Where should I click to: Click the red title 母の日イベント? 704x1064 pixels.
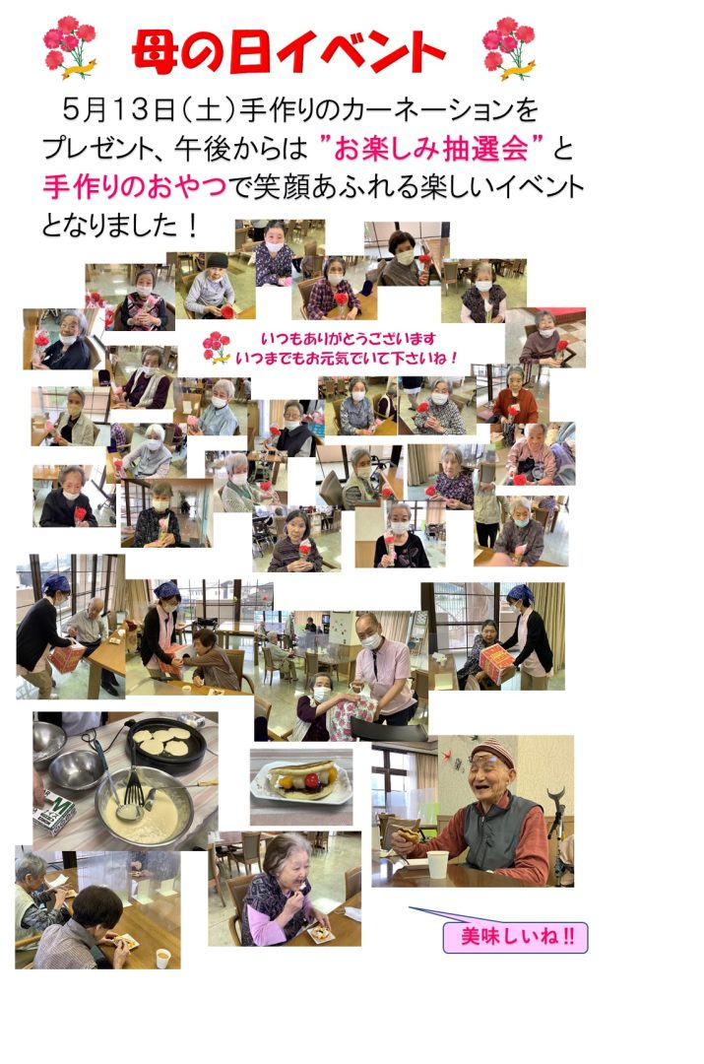pos(288,51)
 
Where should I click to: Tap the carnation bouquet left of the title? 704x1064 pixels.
pos(69,47)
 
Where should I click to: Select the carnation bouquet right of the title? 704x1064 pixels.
pos(509,47)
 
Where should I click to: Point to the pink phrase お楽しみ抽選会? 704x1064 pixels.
pos(431,149)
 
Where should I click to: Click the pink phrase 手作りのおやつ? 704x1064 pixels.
pos(134,186)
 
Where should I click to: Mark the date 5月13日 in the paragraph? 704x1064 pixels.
pos(118,110)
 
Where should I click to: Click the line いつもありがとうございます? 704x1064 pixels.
pos(348,338)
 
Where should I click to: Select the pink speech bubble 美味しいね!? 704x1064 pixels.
pos(516,937)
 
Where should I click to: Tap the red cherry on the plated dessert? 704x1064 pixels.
pos(311,780)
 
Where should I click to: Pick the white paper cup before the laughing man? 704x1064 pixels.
pos(437,865)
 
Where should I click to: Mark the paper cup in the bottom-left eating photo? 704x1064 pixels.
pos(162,958)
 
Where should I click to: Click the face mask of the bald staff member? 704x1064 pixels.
pos(371,640)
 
